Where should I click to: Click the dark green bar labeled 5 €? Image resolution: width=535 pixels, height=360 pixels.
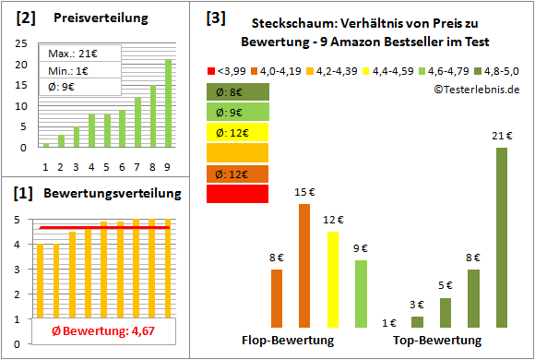(446, 313)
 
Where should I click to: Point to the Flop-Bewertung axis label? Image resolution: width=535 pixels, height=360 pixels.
(287, 340)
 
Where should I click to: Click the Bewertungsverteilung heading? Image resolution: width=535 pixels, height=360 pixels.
(101, 194)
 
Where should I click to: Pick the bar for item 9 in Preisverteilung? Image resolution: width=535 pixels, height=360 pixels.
(168, 103)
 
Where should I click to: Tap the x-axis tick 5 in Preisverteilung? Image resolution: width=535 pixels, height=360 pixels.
(107, 166)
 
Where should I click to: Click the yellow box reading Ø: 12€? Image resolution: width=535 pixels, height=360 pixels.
(237, 132)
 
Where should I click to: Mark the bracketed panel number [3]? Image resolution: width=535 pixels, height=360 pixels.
(215, 17)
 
